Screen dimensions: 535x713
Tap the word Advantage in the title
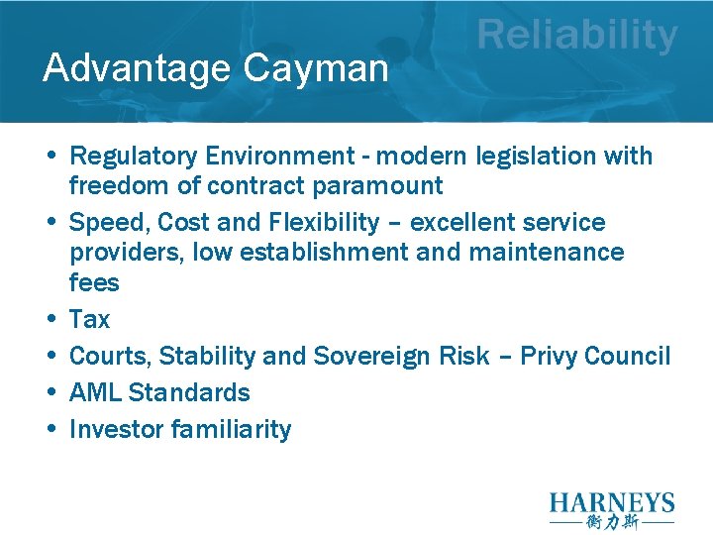pos(136,68)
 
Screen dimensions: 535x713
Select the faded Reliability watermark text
pos(577,36)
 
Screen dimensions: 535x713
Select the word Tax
pos(90,319)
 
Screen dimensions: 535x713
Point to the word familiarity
pos(231,429)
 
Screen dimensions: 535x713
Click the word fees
pos(94,283)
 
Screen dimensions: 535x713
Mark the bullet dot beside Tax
pos(50,320)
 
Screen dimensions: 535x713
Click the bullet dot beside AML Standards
pos(50,393)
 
